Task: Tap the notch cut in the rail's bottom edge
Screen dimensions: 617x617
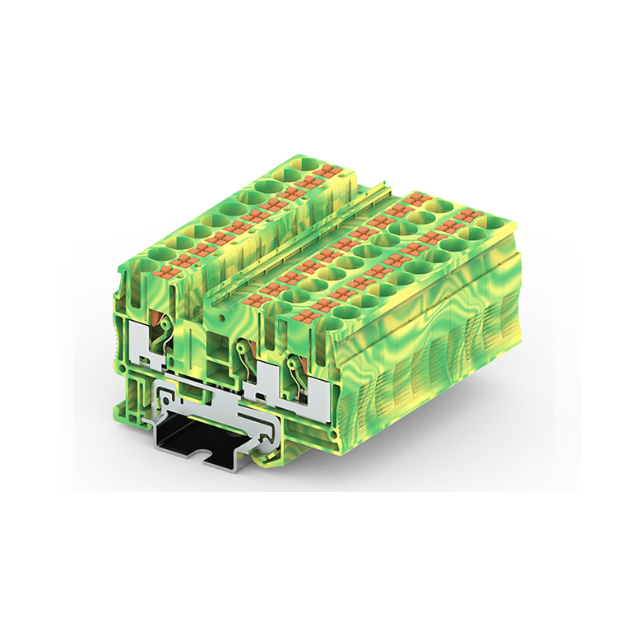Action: (201, 454)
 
